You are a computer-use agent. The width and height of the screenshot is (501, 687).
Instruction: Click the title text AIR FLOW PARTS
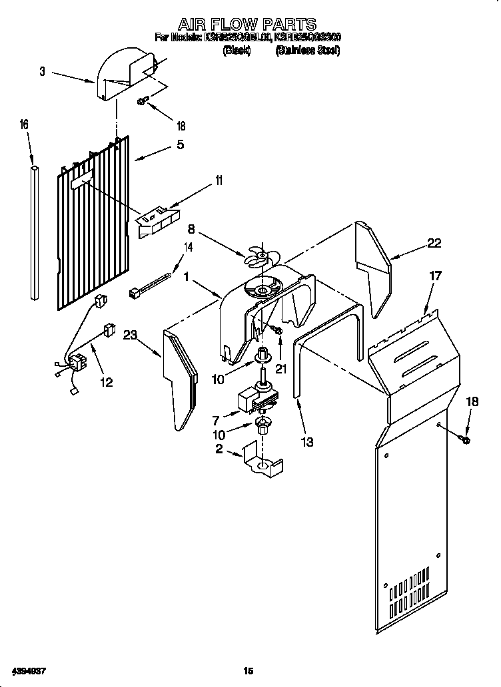(250, 25)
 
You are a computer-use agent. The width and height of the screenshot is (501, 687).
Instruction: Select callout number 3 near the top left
(42, 71)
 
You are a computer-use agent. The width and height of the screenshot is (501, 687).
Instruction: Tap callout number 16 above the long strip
(24, 124)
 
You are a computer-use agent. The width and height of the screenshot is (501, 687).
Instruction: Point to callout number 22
(434, 244)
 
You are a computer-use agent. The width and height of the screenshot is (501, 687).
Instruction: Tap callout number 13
(306, 441)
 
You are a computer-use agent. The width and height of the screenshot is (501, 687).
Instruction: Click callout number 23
(130, 336)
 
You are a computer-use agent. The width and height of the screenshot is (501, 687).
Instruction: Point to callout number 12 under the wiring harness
(106, 381)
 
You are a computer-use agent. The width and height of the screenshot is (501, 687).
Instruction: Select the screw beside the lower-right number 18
(464, 439)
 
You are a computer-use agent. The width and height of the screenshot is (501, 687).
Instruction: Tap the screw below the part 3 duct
(143, 101)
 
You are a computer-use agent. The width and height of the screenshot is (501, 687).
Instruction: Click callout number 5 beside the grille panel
(180, 144)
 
